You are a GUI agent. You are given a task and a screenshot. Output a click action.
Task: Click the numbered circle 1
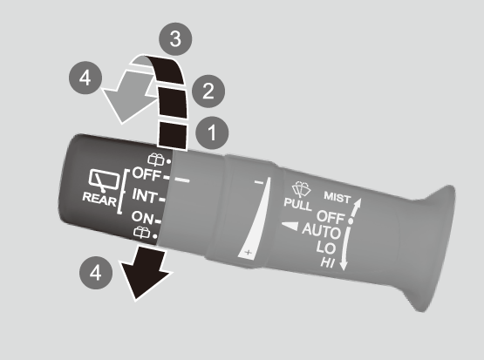pyautogui.click(x=212, y=133)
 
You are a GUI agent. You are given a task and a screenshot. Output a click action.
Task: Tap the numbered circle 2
pyautogui.click(x=208, y=92)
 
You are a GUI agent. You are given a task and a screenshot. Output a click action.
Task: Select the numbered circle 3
pyautogui.click(x=175, y=39)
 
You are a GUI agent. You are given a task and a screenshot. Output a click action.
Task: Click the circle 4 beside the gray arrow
pyautogui.click(x=85, y=78)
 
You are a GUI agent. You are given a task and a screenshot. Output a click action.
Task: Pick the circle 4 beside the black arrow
pyautogui.click(x=96, y=273)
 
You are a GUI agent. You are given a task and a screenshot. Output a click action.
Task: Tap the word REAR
pyautogui.click(x=99, y=200)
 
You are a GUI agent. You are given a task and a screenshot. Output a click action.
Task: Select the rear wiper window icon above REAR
pyautogui.click(x=104, y=180)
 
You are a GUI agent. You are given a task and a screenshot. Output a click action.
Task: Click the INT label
pyautogui.click(x=145, y=195)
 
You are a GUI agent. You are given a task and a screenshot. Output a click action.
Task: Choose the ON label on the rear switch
pyautogui.click(x=142, y=217)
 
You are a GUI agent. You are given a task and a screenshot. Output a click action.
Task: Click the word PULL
pyautogui.click(x=298, y=204)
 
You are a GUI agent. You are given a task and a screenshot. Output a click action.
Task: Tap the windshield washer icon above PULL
pyautogui.click(x=301, y=189)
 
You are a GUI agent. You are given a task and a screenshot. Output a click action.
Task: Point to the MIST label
pyautogui.click(x=337, y=197)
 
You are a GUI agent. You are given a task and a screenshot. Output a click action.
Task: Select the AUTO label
pyautogui.click(x=321, y=231)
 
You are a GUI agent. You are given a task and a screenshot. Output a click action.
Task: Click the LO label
pyautogui.click(x=325, y=248)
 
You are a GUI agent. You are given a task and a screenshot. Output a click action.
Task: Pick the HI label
pyautogui.click(x=328, y=262)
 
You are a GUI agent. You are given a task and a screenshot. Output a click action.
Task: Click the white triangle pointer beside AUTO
pyautogui.click(x=290, y=226)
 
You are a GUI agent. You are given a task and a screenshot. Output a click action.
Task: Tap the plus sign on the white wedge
pyautogui.click(x=249, y=253)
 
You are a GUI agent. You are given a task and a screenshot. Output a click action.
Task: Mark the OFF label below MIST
pyautogui.click(x=331, y=216)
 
